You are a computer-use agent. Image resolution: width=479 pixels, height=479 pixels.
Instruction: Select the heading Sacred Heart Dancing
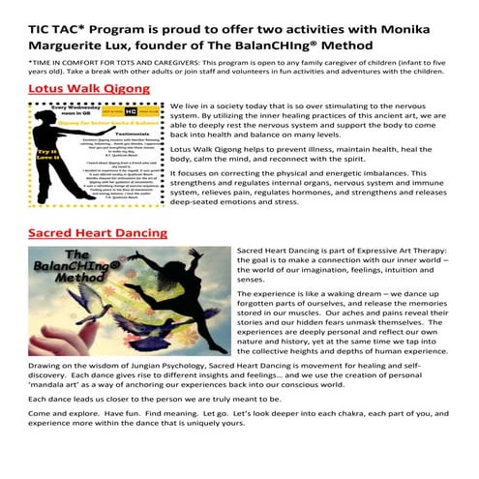coord(98,233)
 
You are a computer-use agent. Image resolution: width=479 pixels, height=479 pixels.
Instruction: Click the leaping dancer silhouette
coord(185,285)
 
